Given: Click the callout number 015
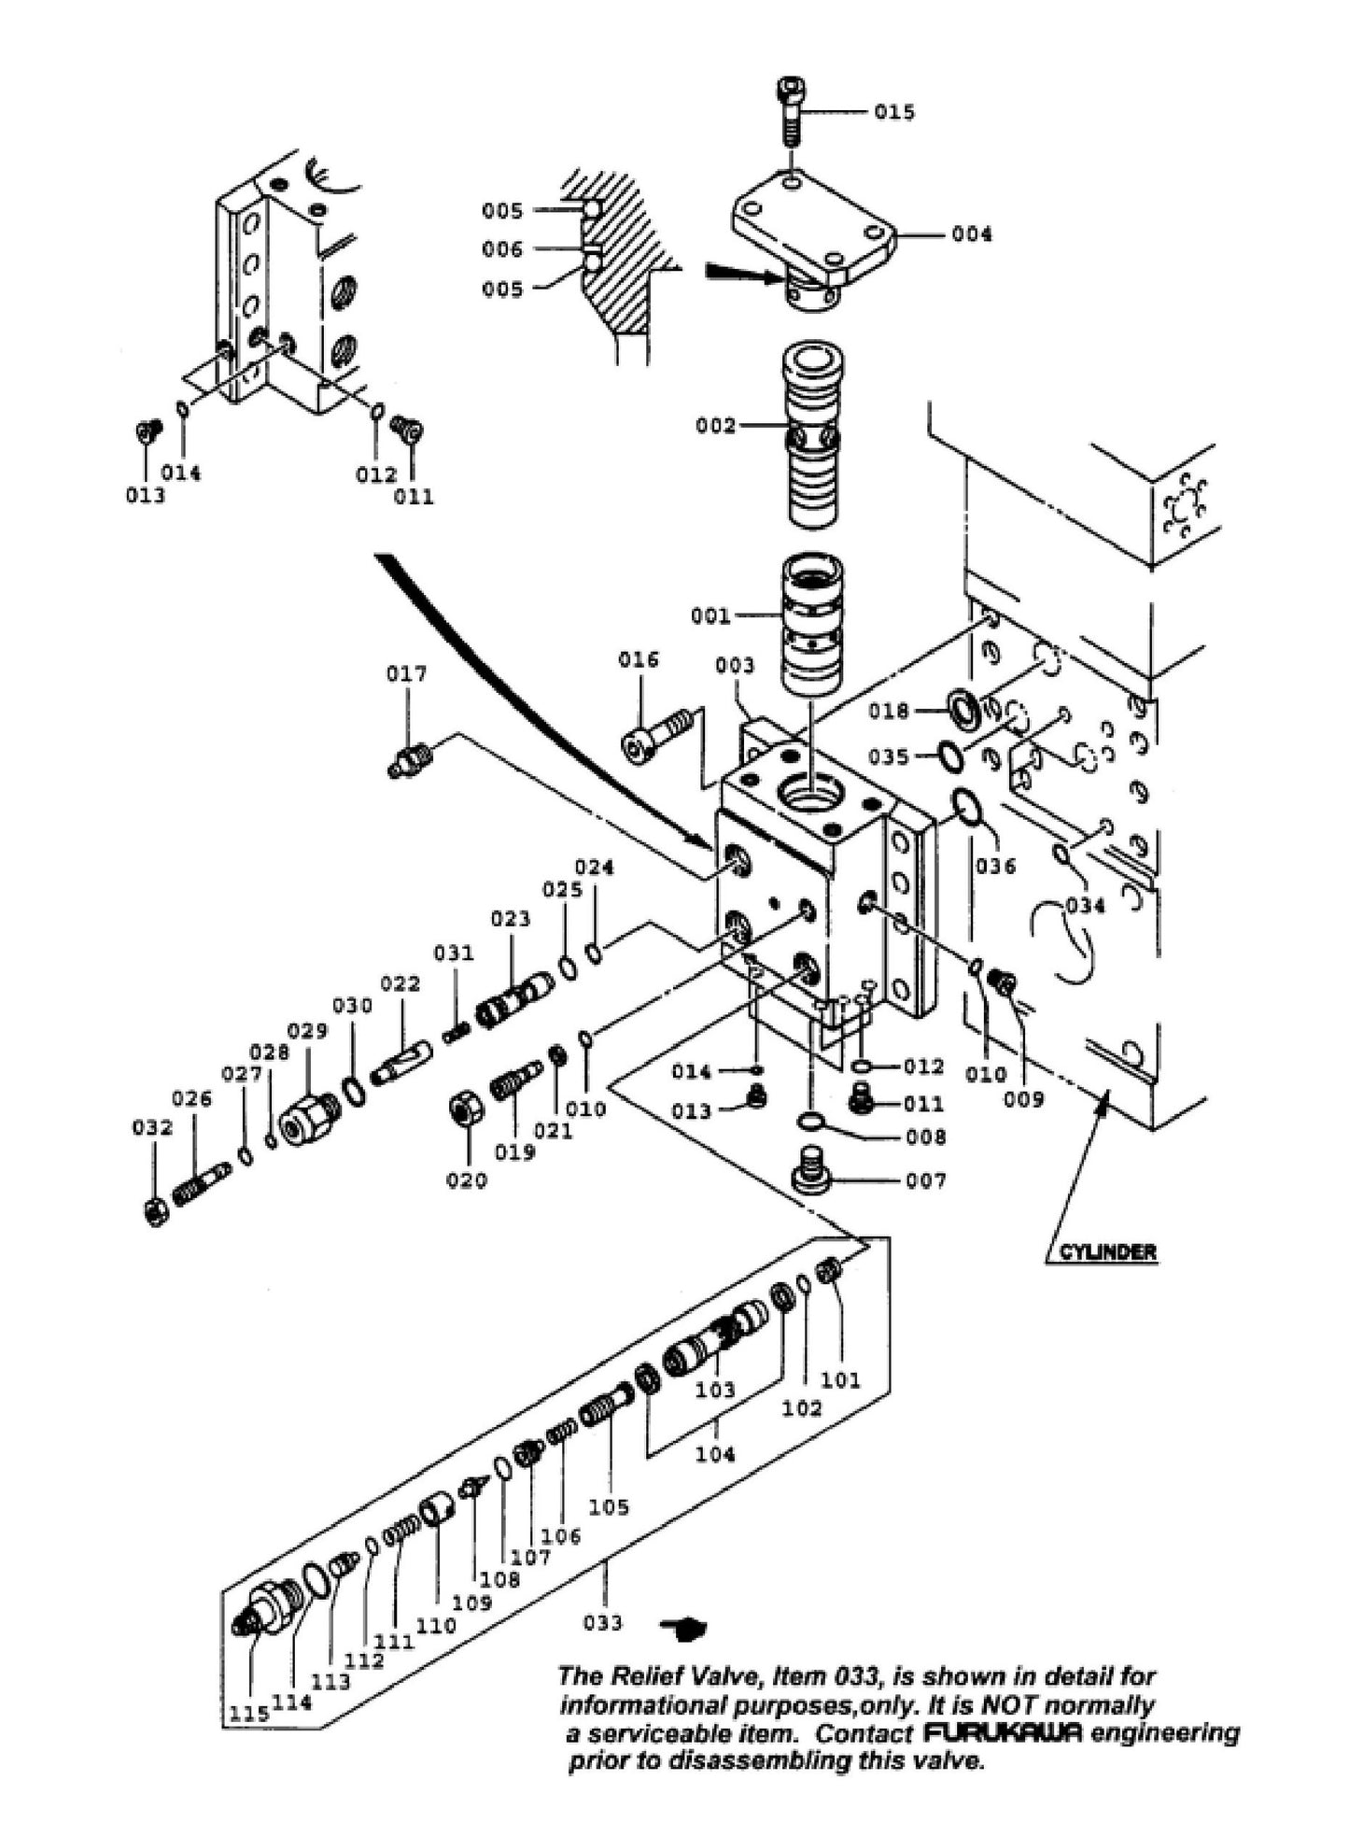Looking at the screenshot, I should coord(894,112).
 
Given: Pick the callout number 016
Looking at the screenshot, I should coord(639,660).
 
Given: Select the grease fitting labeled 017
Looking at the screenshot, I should coord(408,760).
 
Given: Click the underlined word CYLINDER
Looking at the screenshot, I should coord(1107,1253).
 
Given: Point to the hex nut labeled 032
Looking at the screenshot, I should coord(158,1212).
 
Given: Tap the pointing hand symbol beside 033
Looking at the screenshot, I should coord(684,1627).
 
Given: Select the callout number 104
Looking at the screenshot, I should coord(715,1454).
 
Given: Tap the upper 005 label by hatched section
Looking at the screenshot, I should coord(502,211).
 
